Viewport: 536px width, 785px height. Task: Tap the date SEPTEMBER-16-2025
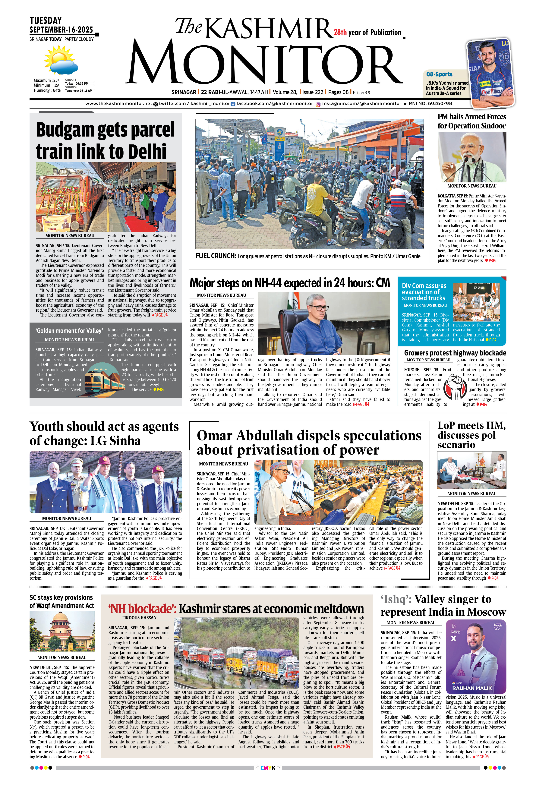pos(61,30)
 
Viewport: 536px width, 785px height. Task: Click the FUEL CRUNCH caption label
pos(216,256)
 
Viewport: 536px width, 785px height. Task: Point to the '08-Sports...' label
pos(441,74)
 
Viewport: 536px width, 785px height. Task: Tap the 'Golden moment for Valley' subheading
pos(69,331)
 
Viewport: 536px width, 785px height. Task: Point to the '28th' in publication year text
pos(340,32)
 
